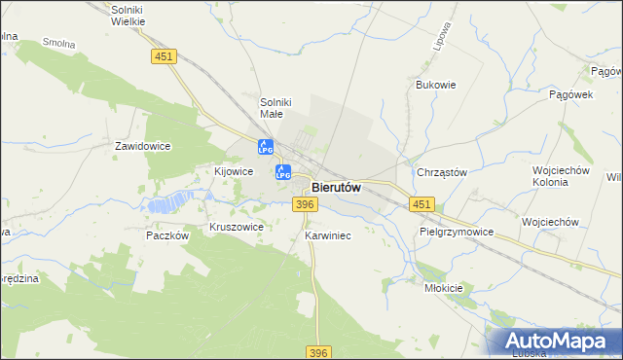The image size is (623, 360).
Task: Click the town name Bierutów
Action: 337,188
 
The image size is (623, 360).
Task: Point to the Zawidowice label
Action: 143,146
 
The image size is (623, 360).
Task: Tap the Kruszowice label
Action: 237,227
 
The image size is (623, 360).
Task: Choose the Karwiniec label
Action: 327,235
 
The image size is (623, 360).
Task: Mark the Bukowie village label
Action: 436,85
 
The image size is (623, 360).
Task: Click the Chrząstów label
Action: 442,172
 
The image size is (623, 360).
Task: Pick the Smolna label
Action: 59,43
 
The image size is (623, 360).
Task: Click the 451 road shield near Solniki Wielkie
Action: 164,57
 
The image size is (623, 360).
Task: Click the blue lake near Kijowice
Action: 166,203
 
